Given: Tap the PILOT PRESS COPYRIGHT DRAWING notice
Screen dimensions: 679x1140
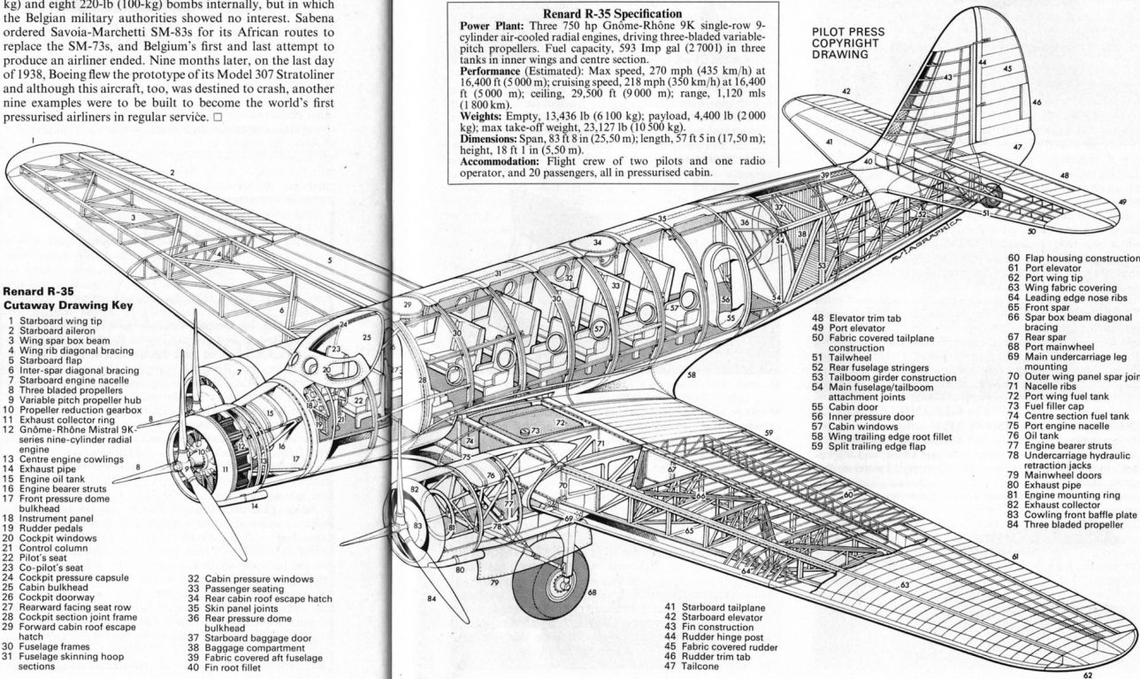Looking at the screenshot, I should tap(847, 42).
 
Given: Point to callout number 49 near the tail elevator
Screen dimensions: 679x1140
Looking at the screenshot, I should tap(1122, 202).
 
